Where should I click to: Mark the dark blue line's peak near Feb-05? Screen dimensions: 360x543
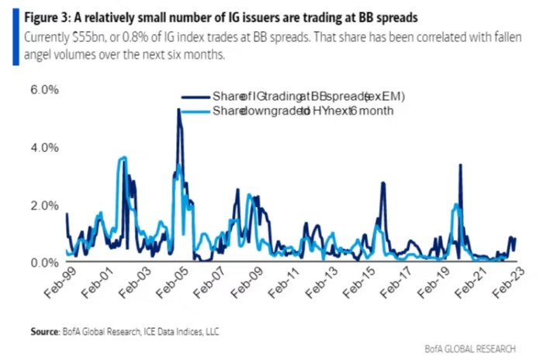(x=178, y=109)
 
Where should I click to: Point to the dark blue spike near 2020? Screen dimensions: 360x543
(x=461, y=164)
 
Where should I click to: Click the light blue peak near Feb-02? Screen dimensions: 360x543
(x=123, y=158)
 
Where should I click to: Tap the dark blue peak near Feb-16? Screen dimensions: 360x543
(x=383, y=183)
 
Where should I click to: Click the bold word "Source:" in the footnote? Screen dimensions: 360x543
(x=45, y=331)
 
